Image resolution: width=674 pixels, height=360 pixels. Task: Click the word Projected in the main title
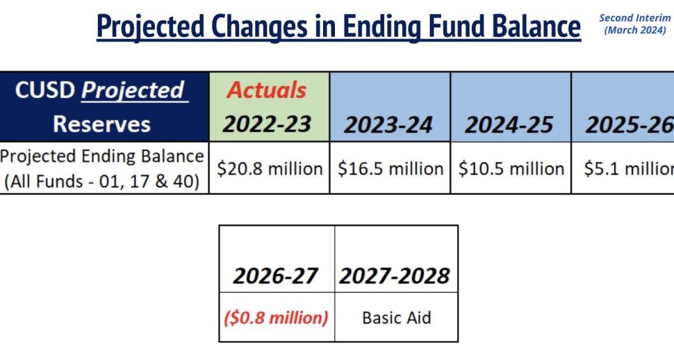click(x=151, y=26)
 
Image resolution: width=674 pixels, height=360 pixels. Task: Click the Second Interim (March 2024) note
click(x=635, y=24)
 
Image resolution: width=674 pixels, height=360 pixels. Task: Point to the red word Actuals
click(x=267, y=90)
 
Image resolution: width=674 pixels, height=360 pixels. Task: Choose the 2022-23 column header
click(x=267, y=124)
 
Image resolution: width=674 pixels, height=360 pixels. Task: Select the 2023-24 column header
click(x=388, y=125)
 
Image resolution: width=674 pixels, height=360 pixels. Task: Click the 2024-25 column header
click(x=509, y=125)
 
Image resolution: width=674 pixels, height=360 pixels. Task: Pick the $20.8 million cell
click(x=270, y=168)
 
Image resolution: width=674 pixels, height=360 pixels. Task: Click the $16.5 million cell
click(x=391, y=168)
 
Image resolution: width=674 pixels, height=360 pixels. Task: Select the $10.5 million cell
click(x=511, y=168)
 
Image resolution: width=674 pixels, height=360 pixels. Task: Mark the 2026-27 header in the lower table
click(x=275, y=276)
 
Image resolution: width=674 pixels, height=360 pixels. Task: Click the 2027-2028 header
click(x=394, y=276)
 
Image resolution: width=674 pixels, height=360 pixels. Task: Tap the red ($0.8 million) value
click(x=276, y=318)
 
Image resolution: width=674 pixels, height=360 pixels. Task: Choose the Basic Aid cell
click(x=396, y=318)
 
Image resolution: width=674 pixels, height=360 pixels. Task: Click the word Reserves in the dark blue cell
click(x=102, y=124)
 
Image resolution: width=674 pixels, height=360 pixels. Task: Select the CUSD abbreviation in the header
click(x=44, y=90)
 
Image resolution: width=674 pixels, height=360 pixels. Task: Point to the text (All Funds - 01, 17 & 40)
click(x=102, y=181)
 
